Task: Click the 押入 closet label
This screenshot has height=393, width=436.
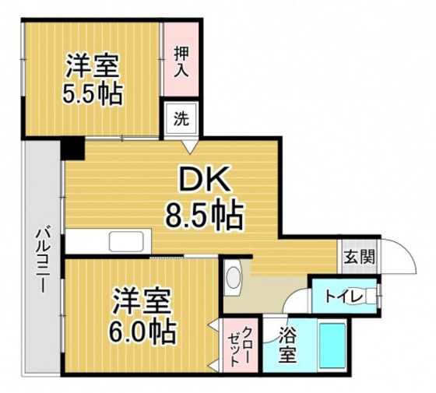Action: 181,62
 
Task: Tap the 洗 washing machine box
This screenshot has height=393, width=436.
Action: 181,120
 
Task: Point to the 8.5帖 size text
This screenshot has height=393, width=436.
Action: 204,212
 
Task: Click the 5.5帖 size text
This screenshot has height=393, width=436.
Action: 92,93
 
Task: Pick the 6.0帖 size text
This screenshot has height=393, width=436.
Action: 142,332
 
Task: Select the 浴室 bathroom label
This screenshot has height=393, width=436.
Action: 287,348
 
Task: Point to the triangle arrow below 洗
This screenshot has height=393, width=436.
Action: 188,145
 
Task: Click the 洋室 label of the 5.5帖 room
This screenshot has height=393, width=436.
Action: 92,62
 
